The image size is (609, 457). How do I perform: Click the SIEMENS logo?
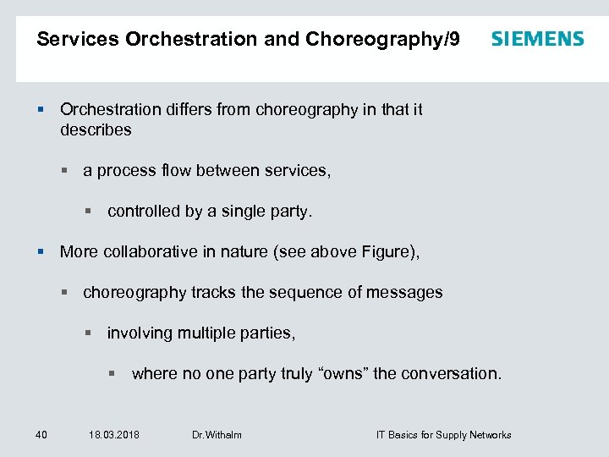point(537,39)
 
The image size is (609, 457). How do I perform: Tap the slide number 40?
point(41,435)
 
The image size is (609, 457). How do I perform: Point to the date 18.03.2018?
point(114,435)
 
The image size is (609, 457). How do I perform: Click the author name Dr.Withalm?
point(217,435)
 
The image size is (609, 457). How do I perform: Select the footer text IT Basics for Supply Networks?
point(443,435)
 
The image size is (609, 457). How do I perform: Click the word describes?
point(96,129)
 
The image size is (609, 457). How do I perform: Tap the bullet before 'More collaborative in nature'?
point(41,251)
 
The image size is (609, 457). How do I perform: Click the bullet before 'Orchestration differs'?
point(41,109)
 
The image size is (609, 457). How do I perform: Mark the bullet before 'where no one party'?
point(112,373)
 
